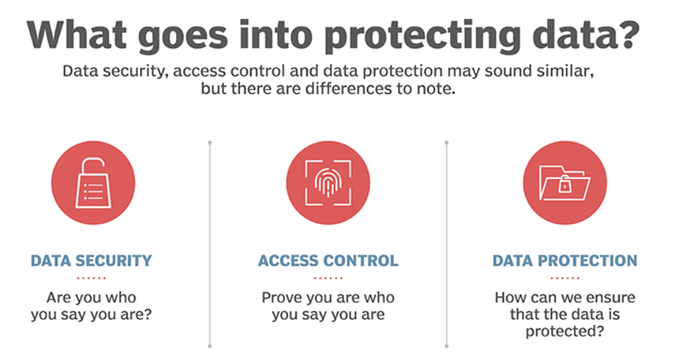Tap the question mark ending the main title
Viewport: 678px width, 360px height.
click(x=627, y=33)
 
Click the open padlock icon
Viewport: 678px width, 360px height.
click(x=94, y=183)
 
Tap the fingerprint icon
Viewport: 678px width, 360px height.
click(x=328, y=183)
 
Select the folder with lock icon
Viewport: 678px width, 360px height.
click(x=565, y=183)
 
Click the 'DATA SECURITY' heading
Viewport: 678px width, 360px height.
click(x=91, y=260)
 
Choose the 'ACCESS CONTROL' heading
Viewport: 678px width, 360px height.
click(x=328, y=260)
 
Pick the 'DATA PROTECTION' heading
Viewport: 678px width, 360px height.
click(x=565, y=260)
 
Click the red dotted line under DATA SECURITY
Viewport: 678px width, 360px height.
click(x=91, y=278)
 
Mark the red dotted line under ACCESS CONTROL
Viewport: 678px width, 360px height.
click(x=328, y=278)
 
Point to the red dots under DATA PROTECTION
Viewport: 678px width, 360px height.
click(x=565, y=278)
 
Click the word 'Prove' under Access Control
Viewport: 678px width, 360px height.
click(x=282, y=297)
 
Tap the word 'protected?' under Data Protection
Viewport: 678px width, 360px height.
click(x=564, y=331)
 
